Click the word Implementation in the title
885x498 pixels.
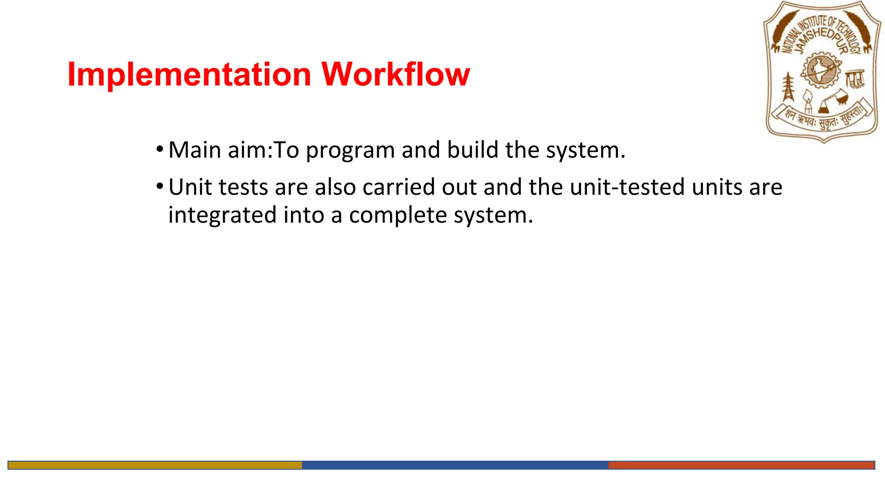click(189, 75)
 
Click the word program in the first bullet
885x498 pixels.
click(350, 151)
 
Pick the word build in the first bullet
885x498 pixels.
click(472, 150)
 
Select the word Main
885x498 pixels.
click(194, 150)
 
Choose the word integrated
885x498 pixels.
click(222, 215)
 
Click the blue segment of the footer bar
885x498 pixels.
click(455, 465)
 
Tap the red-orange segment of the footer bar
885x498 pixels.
click(741, 465)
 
